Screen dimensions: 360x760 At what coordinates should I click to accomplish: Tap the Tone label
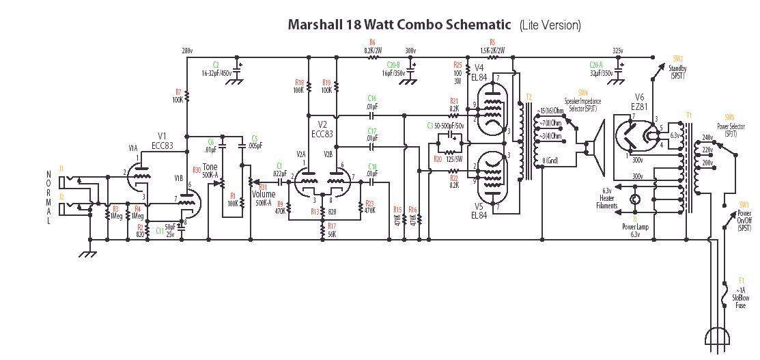pos(209,167)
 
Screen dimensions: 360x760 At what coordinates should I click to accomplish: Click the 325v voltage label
pos(617,51)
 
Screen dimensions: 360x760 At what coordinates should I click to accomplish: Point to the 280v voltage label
pos(187,51)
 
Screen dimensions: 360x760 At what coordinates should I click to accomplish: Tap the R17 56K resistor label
pos(331,230)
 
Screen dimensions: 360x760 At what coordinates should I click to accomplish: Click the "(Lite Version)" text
pos(550,25)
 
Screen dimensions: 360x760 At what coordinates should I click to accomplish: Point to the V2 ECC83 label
pos(323,128)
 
